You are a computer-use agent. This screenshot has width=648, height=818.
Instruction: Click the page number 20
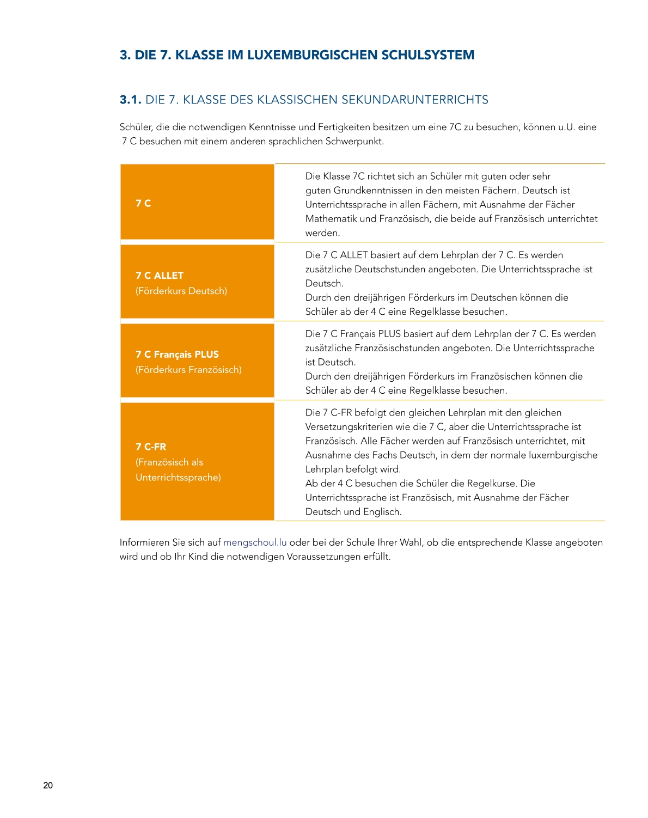(48, 785)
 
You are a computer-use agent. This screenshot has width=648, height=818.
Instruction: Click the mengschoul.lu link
(255, 542)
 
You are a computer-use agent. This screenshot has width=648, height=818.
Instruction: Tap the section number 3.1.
(131, 100)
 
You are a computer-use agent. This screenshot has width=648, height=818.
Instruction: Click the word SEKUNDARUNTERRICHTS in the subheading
(415, 100)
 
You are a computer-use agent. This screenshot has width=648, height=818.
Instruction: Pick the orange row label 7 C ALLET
(160, 276)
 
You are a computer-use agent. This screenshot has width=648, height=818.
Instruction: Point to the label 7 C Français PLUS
(177, 355)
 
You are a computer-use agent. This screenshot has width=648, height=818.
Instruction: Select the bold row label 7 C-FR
(151, 447)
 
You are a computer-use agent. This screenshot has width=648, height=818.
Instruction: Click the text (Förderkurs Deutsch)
(181, 291)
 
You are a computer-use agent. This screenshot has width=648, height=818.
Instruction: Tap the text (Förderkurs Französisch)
(188, 370)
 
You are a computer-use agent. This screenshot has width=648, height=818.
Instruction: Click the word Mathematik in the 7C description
(331, 219)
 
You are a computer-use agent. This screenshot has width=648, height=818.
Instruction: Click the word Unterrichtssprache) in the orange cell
(178, 478)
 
